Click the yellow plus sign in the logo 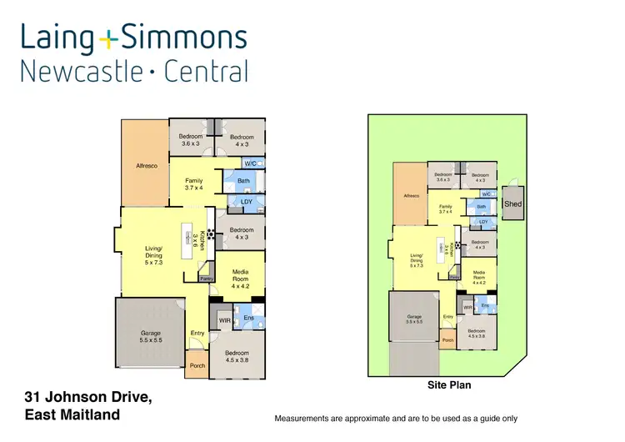[x=110, y=38]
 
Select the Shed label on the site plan [x=512, y=203]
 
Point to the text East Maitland [x=72, y=414]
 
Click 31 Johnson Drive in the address [x=88, y=396]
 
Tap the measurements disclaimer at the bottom [x=396, y=418]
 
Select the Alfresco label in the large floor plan [x=147, y=166]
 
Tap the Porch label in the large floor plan [x=197, y=365]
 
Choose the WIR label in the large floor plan [x=224, y=319]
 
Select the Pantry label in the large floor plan [x=207, y=279]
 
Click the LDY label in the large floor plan [x=247, y=201]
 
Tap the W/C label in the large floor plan [x=250, y=163]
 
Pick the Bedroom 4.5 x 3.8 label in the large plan [x=237, y=357]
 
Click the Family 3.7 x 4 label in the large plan [x=192, y=183]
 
